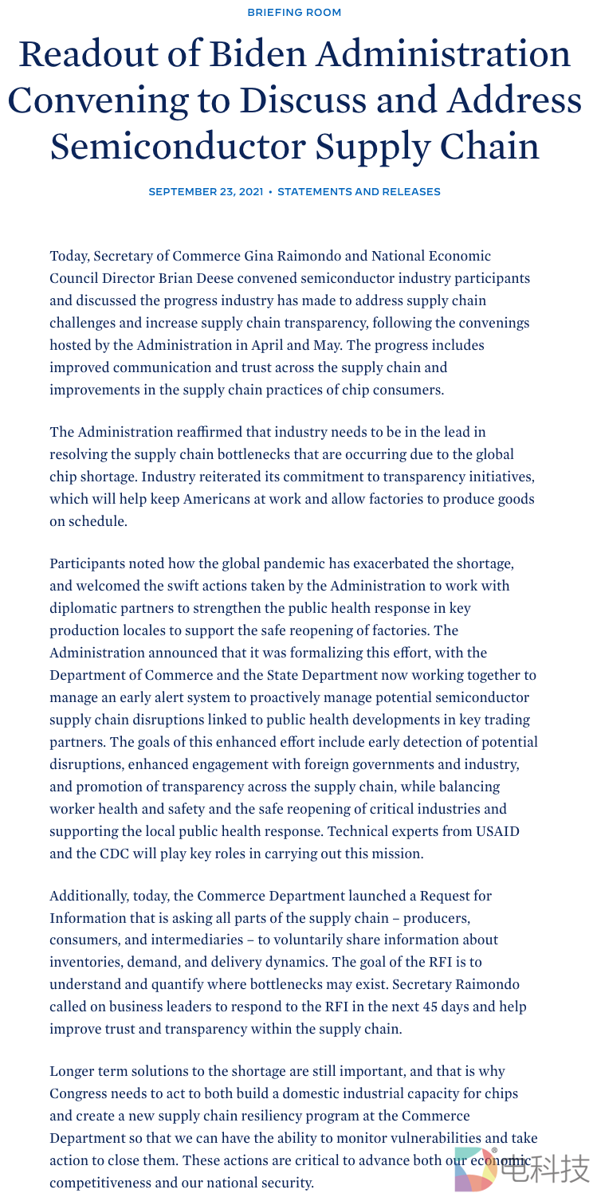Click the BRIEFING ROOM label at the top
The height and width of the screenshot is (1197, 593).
(295, 12)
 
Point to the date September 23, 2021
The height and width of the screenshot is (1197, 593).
(206, 192)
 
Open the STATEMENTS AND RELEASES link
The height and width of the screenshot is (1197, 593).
(359, 192)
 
